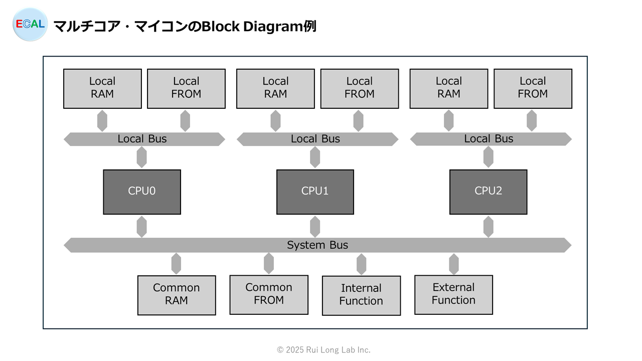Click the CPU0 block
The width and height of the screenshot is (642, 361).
point(142,192)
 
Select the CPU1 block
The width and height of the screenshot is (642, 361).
point(315,192)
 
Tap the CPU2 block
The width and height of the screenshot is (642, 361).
point(488,192)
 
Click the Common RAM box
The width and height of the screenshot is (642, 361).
point(177,295)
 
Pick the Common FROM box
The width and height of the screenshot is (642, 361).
point(269,295)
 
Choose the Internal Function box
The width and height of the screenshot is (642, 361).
point(361,295)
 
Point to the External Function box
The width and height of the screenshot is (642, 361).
point(454,295)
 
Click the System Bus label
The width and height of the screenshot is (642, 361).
point(317,245)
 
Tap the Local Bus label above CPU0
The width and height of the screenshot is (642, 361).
point(142,139)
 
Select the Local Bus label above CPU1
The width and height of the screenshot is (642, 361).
point(315,139)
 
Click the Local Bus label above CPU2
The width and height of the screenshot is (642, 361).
point(489,139)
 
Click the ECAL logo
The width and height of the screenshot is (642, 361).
point(30,25)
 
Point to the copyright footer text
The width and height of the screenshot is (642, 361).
point(324,350)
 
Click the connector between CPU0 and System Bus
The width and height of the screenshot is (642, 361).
point(142,227)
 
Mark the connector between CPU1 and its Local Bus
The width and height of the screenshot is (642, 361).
point(315,157)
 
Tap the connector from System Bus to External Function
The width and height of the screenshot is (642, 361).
point(454,264)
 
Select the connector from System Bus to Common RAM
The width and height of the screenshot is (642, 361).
point(176,264)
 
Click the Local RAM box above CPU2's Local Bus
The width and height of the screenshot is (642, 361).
point(449,89)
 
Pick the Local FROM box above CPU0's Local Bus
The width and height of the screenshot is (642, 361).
point(186,89)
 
